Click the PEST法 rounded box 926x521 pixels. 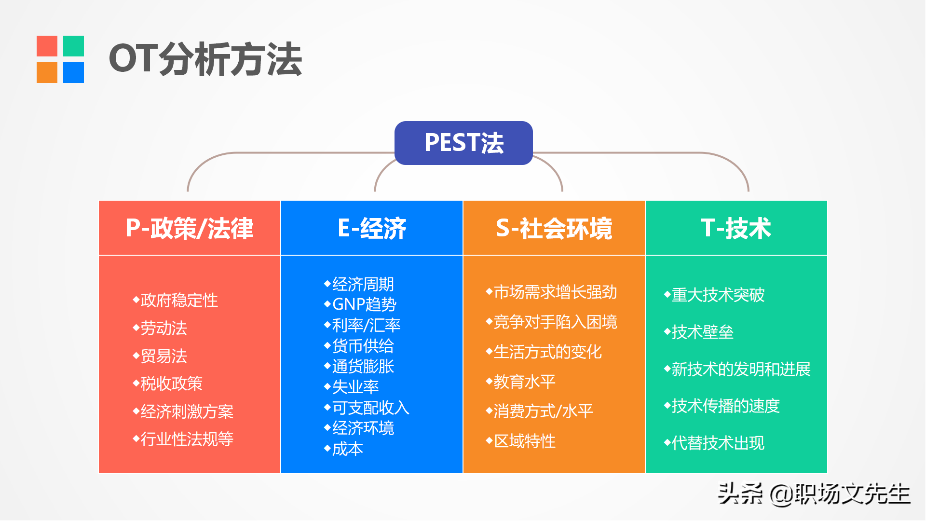463,143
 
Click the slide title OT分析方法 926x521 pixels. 205,59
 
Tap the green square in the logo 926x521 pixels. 73,46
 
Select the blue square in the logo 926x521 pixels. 73,72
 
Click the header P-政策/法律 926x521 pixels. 190,228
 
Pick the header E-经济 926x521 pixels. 372,228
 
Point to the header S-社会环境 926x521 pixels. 554,228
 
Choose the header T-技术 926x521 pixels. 736,228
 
